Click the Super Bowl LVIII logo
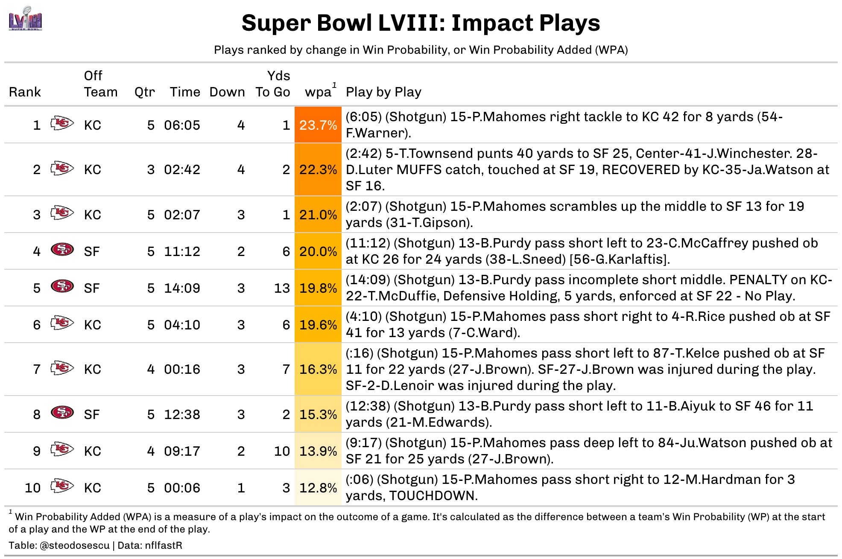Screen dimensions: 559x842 point(26,19)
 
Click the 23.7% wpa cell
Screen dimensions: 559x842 point(318,125)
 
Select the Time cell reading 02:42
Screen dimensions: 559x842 point(182,169)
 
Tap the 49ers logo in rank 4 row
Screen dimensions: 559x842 point(62,250)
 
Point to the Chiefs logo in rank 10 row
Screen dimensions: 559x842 point(62,486)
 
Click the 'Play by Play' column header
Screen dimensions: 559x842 point(383,92)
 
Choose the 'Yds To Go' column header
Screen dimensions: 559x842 point(273,84)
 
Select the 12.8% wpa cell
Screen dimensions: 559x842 point(318,488)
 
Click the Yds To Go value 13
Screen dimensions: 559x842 point(282,288)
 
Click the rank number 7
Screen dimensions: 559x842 point(37,369)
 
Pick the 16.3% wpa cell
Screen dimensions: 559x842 point(318,369)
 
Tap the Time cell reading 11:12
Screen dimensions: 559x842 point(182,251)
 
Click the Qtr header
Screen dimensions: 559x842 point(145,92)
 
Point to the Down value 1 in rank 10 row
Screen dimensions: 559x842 point(241,488)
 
